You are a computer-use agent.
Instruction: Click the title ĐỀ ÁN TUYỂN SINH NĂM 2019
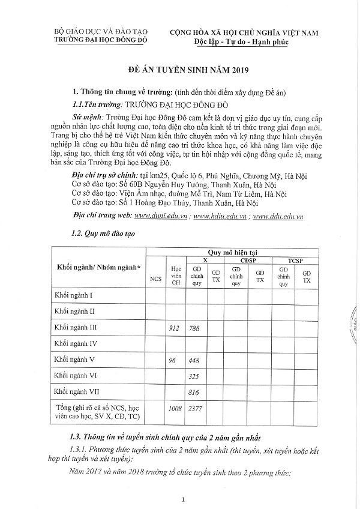pos(180,70)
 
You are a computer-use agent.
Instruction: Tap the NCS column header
pos(156,279)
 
